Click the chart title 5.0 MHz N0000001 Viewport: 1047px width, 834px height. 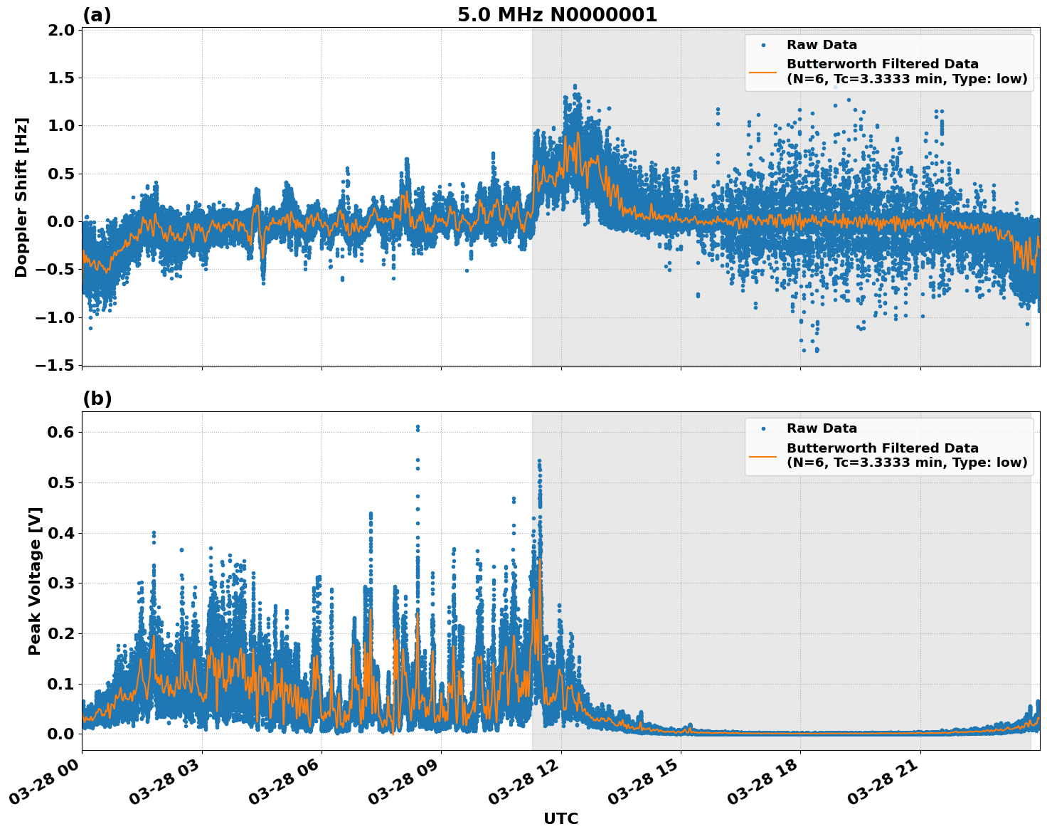(557, 15)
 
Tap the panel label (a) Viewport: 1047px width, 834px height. (97, 15)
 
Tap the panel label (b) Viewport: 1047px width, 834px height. (97, 398)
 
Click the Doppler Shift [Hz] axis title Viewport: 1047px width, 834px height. (21, 197)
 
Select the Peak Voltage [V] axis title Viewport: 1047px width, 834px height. (35, 581)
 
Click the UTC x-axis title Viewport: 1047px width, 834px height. (560, 818)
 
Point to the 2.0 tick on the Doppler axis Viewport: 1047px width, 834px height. (62, 30)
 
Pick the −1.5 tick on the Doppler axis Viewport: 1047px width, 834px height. (56, 365)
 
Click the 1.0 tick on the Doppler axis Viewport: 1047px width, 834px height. (62, 126)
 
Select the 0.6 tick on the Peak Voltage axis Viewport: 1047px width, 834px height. (62, 433)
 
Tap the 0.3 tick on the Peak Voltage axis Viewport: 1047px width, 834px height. (62, 584)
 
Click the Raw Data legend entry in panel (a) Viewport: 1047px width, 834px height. (822, 45)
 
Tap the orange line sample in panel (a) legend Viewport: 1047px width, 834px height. (762, 71)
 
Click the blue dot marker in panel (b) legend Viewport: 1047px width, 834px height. (762, 428)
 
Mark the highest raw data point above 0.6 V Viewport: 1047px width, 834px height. (418, 426)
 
